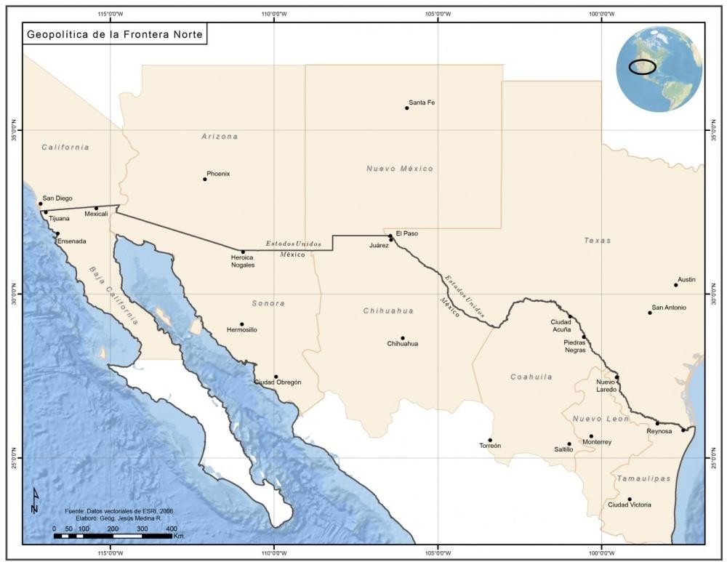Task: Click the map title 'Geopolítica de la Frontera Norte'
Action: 116,34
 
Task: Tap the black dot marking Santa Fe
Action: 407,108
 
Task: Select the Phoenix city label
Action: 218,174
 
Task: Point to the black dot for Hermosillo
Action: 242,324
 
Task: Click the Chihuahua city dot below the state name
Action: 402,338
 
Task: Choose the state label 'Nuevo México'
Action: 399,169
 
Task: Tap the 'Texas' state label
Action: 597,240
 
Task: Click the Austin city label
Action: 686,279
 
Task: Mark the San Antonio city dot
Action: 650,313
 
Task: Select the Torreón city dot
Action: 490,440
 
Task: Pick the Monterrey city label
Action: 597,442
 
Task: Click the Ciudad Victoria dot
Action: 630,499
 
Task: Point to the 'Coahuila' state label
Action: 531,377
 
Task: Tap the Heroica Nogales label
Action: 243,261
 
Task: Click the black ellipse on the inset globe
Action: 643,67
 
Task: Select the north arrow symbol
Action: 35,500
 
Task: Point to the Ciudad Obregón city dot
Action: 276,377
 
